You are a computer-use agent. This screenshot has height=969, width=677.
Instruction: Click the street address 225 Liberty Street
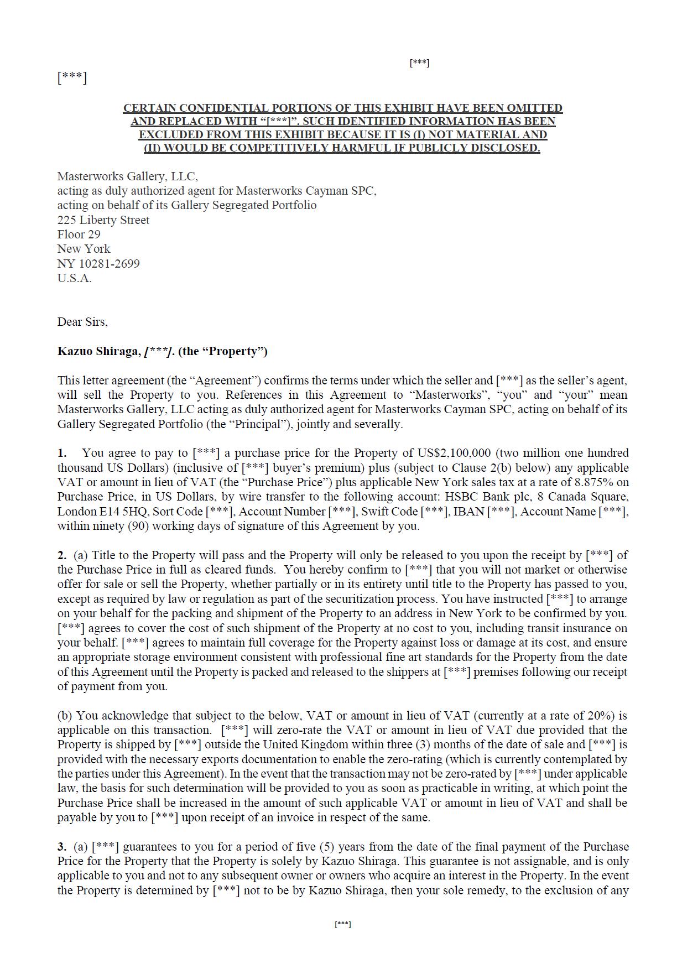[x=103, y=220]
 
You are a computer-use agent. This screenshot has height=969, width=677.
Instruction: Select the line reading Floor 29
[x=79, y=235]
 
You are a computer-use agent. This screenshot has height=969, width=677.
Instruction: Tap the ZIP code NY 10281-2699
[x=98, y=264]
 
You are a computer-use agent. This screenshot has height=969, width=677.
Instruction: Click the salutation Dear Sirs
[x=82, y=322]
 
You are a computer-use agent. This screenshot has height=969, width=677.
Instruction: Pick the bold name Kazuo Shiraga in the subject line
[x=98, y=352]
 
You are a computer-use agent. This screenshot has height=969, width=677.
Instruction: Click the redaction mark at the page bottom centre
[x=342, y=924]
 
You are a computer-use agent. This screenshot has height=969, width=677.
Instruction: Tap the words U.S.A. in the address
[x=74, y=278]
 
